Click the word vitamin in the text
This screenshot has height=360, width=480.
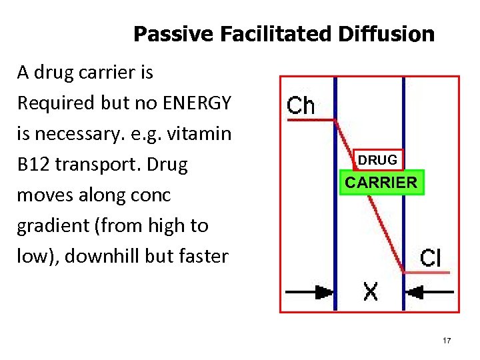click(199, 134)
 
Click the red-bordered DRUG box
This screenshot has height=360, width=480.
click(377, 160)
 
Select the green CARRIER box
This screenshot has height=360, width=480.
click(381, 182)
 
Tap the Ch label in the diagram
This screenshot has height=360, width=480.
click(301, 105)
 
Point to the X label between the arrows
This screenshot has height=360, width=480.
click(371, 291)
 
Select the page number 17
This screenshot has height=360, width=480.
click(447, 341)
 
